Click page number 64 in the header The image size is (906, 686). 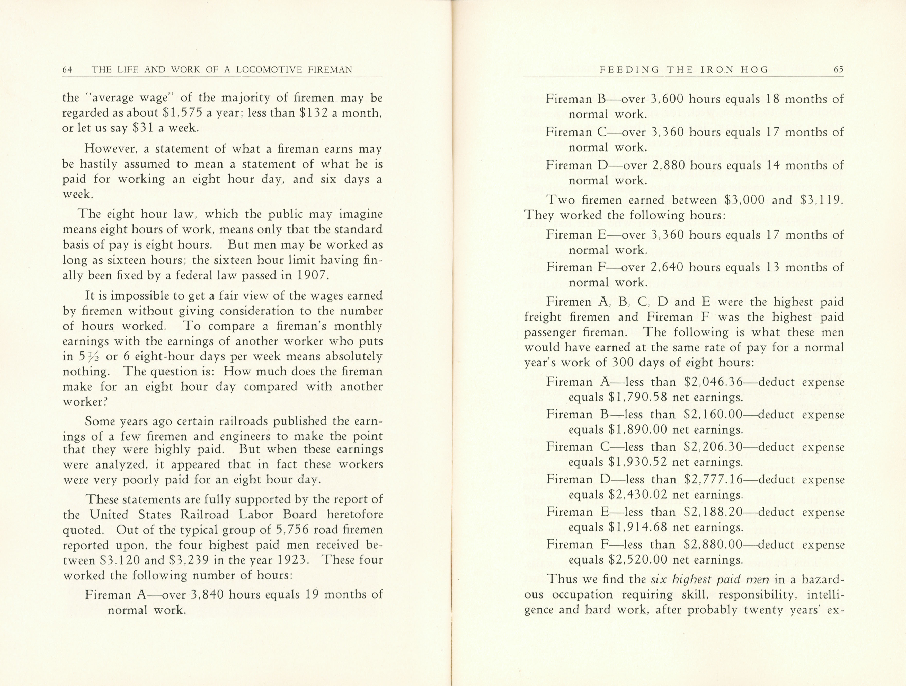point(67,70)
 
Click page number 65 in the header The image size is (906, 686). point(838,70)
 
